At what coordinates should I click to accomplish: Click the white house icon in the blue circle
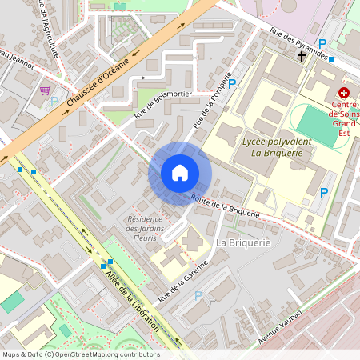(x=180, y=173)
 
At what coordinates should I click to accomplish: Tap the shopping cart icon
(x=46, y=90)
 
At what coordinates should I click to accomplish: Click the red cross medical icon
(x=343, y=93)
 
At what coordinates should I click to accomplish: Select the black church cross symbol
(x=302, y=57)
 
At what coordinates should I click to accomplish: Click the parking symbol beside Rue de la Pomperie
(x=233, y=83)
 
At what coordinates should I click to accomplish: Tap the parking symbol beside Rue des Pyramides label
(x=322, y=43)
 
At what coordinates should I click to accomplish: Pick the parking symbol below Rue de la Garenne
(x=198, y=295)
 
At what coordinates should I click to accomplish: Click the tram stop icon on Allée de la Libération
(x=106, y=263)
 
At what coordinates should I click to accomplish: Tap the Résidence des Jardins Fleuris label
(x=145, y=227)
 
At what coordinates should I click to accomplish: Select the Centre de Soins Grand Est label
(x=343, y=114)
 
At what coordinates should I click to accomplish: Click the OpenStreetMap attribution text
(x=81, y=354)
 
